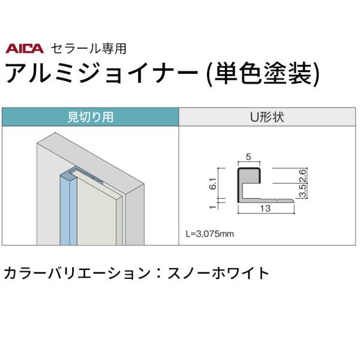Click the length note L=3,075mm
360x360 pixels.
click(x=209, y=234)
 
